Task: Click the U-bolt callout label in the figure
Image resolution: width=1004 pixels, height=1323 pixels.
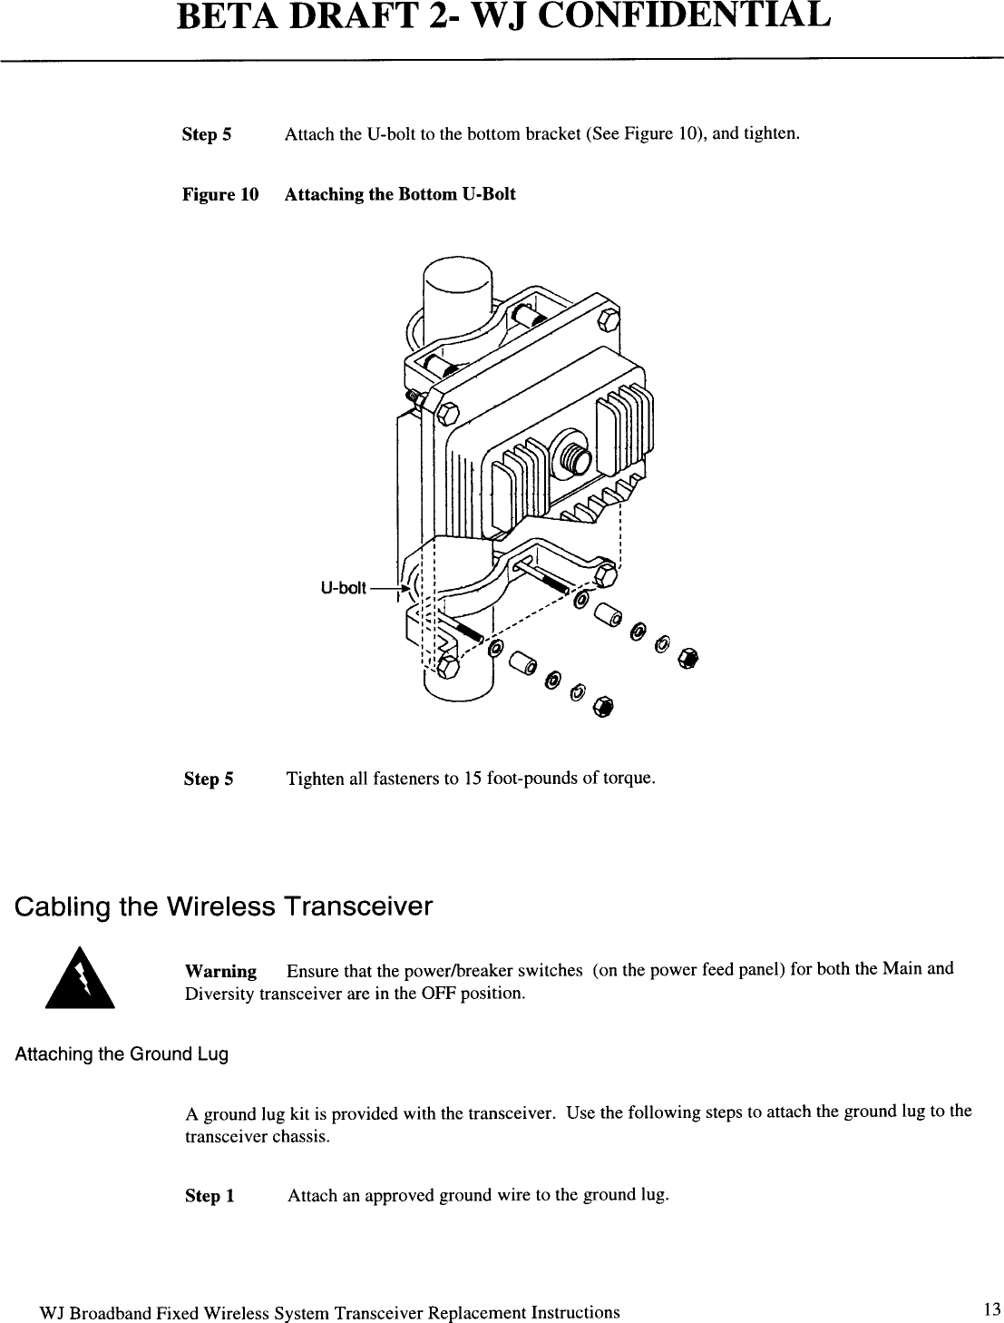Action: pos(343,588)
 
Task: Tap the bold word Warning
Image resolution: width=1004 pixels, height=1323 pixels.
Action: pos(220,971)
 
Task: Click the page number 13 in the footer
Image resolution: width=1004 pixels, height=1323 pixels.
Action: pos(990,1308)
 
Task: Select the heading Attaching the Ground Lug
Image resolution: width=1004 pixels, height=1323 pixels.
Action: pos(122,1054)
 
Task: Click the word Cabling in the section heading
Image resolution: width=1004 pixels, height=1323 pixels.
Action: pos(63,906)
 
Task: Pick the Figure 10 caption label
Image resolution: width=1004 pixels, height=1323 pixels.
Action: pos(220,194)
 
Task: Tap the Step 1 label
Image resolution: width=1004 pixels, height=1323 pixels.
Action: pos(210,1196)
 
